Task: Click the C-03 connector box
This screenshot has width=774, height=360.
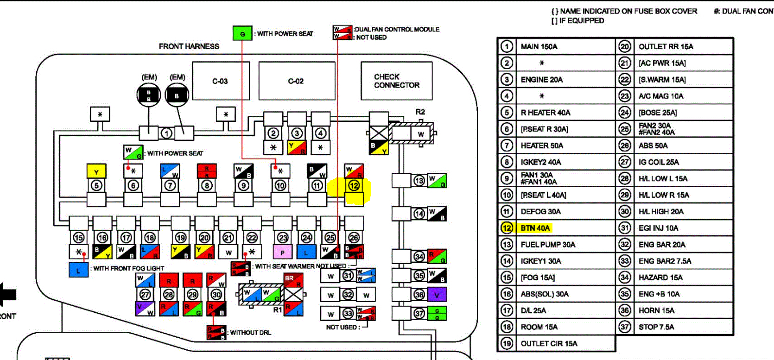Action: [x=221, y=81]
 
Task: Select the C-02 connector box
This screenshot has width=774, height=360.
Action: [x=296, y=81]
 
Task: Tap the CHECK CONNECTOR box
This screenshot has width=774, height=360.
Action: [x=396, y=81]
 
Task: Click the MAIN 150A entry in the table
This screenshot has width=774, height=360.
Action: [x=539, y=46]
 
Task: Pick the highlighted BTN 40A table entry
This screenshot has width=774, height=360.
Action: [x=535, y=228]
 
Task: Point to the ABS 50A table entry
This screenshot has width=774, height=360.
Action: [x=653, y=145]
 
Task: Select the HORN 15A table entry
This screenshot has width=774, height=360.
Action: [x=656, y=310]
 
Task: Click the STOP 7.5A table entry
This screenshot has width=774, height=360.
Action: [x=656, y=327]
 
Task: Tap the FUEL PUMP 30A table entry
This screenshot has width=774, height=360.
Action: [x=548, y=245]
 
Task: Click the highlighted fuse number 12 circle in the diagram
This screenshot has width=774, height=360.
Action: [x=354, y=185]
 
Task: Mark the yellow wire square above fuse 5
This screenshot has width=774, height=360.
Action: [x=96, y=171]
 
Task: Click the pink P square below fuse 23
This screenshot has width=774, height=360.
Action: [x=283, y=253]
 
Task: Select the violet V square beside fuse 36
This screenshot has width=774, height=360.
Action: [x=437, y=295]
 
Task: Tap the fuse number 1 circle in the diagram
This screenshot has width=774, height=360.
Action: [x=166, y=133]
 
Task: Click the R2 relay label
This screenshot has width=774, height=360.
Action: [x=420, y=112]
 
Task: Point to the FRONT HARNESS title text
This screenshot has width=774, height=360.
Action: [x=189, y=46]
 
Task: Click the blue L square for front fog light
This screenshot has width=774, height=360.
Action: [x=78, y=270]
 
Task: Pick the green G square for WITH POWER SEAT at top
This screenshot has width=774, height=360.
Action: [x=242, y=34]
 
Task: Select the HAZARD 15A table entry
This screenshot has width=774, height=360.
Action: [x=660, y=278]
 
